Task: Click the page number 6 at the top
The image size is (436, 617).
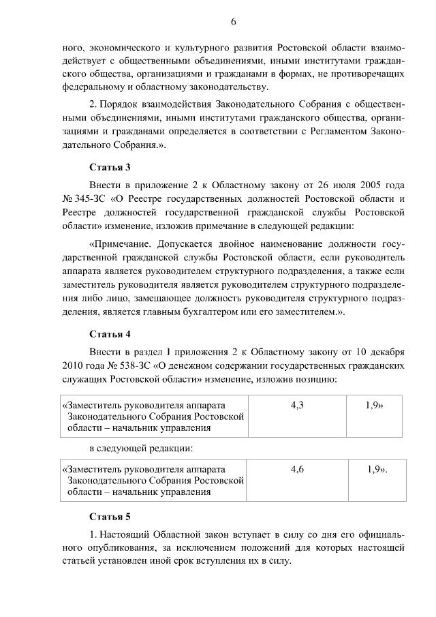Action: (233, 22)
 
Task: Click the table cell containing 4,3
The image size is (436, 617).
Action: (297, 405)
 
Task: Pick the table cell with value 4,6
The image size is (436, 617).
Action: (297, 470)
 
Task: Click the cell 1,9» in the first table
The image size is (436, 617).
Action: (373, 405)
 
